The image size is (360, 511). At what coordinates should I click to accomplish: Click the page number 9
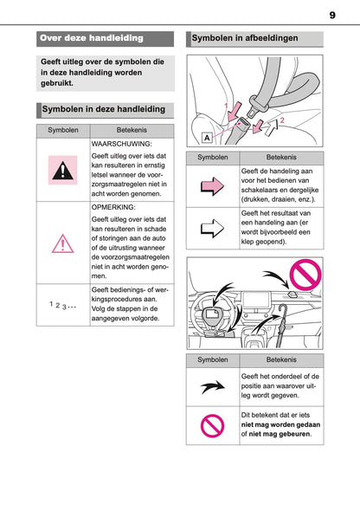coord(332,15)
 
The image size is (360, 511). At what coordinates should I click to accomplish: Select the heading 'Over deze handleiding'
coord(91,38)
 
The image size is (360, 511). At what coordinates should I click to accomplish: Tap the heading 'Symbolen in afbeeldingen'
coord(245,39)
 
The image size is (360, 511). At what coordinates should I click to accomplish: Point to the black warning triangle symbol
coord(62,170)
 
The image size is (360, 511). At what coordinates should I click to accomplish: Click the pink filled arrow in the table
coord(212,185)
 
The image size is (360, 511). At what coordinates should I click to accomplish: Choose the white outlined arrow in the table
coord(212,229)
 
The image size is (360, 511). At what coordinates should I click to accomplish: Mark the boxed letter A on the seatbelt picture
coord(209,138)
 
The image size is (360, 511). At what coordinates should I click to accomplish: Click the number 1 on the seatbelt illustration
coord(228,105)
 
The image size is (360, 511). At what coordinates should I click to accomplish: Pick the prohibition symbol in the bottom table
coord(212,424)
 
